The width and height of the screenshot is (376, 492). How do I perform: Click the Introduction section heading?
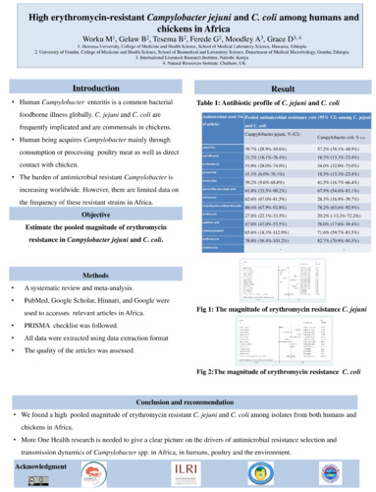pos(96,89)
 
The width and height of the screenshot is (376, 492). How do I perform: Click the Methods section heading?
pos(95,274)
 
